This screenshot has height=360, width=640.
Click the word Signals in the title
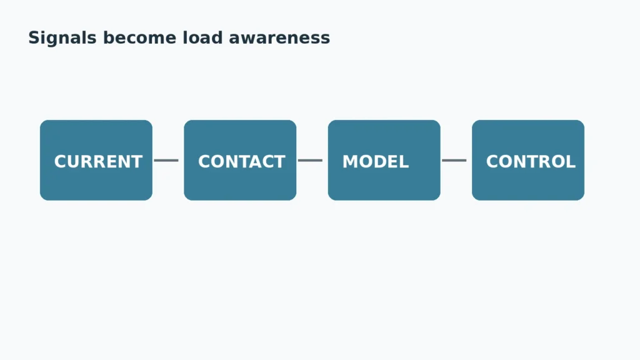[62, 38]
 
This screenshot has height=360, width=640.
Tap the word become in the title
[139, 38]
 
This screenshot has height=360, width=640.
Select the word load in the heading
[203, 38]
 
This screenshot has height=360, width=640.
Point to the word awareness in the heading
[279, 38]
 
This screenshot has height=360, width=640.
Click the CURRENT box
[96, 160]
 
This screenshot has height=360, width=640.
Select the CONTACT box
[240, 160]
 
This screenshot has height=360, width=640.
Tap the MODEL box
[384, 160]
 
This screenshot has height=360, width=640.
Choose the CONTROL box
[528, 160]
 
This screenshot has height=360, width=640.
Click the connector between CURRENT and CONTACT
[166, 161]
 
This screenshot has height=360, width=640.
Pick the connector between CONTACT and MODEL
[310, 161]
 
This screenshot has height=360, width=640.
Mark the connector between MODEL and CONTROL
[454, 161]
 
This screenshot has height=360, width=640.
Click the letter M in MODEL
[351, 162]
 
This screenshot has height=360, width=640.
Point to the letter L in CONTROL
[571, 162]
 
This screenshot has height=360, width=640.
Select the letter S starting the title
[34, 38]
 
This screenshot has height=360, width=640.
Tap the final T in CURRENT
[136, 162]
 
